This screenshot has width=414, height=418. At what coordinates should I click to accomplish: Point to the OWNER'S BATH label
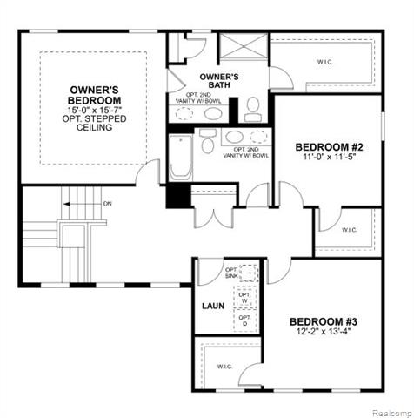click(219, 81)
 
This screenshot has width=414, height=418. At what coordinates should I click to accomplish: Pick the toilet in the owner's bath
click(253, 108)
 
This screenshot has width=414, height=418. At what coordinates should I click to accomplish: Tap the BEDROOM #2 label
click(328, 146)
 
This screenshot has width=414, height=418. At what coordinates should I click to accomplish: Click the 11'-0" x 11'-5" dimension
click(328, 158)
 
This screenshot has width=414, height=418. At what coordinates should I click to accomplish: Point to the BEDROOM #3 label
click(324, 322)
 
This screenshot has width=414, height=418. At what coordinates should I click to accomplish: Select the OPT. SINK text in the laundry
click(232, 273)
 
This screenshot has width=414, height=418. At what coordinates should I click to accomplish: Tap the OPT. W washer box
click(244, 297)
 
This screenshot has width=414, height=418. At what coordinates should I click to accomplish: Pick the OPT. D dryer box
click(244, 320)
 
